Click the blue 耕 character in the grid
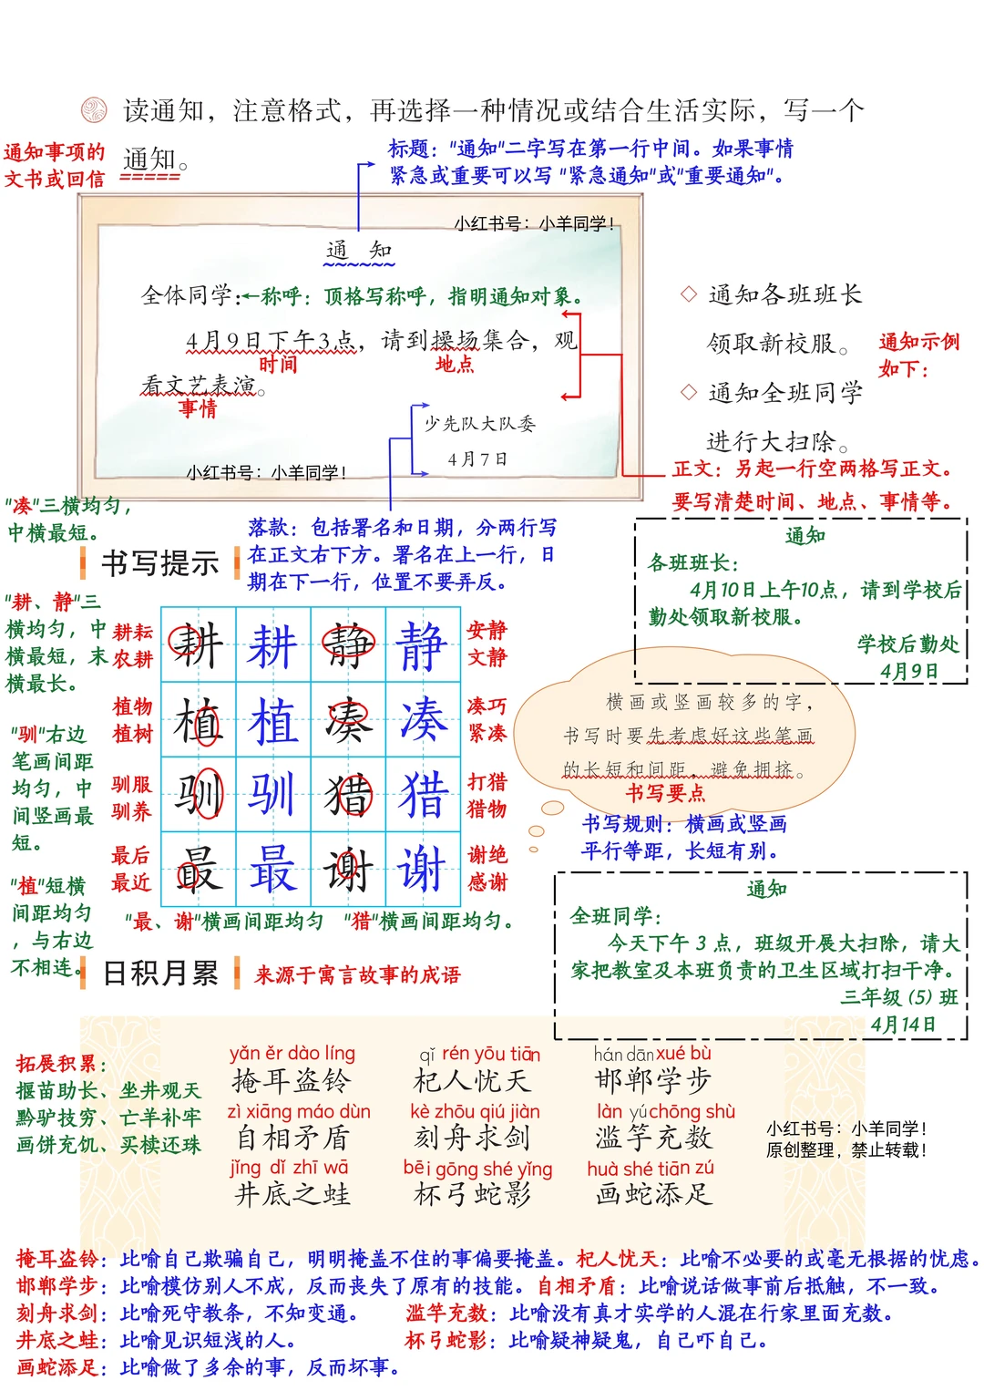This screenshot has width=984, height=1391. click(x=272, y=646)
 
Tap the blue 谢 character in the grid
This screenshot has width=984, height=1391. click(x=422, y=869)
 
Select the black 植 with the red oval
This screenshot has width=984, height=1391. click(x=198, y=722)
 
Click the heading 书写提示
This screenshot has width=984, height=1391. click(x=159, y=563)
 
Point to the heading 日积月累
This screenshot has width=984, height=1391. click(x=160, y=974)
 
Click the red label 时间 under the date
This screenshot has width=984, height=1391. click(x=277, y=365)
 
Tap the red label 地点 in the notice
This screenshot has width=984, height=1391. click(x=455, y=365)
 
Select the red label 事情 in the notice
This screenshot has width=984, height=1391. click(x=198, y=407)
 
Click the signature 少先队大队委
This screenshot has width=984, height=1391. click(x=480, y=424)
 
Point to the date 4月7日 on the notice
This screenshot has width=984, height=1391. click(x=477, y=459)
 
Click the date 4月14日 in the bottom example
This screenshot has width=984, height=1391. click(x=903, y=1025)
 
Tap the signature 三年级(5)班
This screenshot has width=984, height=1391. click(x=899, y=997)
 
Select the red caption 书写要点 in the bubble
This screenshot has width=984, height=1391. click(x=665, y=793)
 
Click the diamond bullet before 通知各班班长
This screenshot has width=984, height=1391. click(x=689, y=294)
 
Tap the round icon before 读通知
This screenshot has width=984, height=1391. click(x=94, y=110)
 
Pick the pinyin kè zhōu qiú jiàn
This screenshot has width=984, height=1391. click(x=475, y=1112)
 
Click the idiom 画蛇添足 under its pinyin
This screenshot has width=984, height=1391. click(x=653, y=1194)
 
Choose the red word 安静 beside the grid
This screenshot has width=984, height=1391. click(x=487, y=630)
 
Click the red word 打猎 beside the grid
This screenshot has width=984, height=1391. click(x=487, y=782)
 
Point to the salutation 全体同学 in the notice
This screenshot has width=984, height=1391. click(x=187, y=295)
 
